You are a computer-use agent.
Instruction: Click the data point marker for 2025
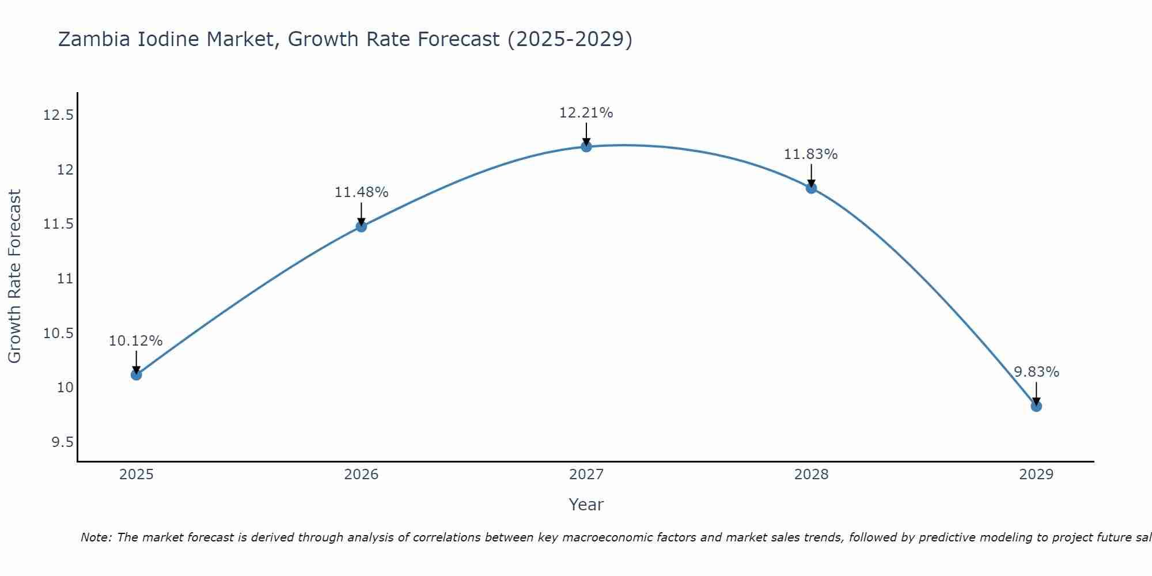pos(136,374)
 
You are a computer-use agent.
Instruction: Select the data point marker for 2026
pos(361,226)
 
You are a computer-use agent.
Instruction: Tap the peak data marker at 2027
pos(586,146)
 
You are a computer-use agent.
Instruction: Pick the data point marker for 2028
pos(811,188)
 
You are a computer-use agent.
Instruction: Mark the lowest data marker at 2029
pos(1036,406)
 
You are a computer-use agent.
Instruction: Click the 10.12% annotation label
pos(136,341)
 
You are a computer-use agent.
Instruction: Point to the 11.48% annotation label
pos(361,192)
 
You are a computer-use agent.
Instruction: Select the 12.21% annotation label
pos(586,113)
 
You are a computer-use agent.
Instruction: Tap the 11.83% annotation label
pos(811,154)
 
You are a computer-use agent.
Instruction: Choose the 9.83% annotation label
pos(1036,372)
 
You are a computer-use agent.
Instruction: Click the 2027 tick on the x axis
pos(586,475)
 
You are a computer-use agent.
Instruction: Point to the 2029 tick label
pos(1036,475)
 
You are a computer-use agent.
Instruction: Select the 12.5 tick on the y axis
pos(59,115)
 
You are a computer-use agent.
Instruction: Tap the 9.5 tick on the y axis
pos(63,442)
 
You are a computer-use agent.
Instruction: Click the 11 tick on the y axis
pos(65,279)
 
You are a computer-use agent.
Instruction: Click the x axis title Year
pos(586,505)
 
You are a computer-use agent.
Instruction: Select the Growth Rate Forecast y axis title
pos(14,276)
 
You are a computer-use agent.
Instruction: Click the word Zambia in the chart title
pos(95,39)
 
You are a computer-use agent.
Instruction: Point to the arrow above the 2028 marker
pos(811,175)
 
